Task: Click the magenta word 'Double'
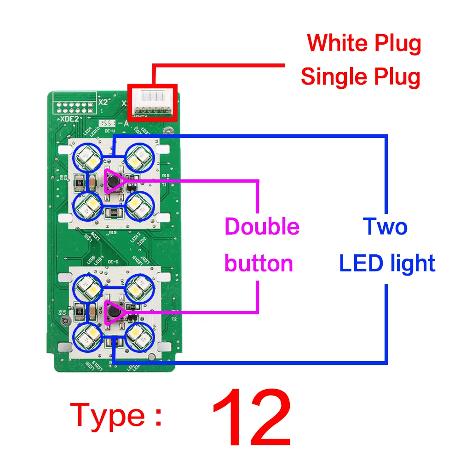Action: click(x=262, y=227)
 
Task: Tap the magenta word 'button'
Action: click(x=259, y=264)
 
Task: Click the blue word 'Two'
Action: click(x=385, y=227)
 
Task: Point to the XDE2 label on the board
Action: click(x=69, y=118)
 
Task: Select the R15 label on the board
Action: click(x=166, y=176)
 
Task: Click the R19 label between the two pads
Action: click(x=112, y=233)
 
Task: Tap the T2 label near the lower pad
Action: click(x=173, y=318)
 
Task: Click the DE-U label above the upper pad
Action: click(x=109, y=132)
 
